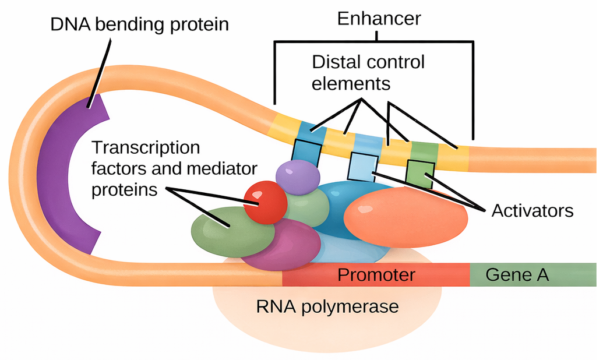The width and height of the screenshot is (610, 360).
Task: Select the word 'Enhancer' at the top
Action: click(379, 19)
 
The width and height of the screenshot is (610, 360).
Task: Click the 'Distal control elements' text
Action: click(367, 72)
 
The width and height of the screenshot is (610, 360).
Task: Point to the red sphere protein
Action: click(265, 202)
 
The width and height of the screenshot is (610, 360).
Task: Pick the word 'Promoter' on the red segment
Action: click(376, 274)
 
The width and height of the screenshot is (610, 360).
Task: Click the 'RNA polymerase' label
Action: click(327, 306)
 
